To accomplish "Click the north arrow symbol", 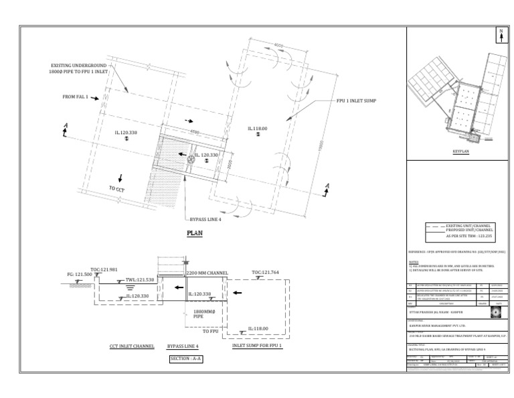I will [x=499, y=36].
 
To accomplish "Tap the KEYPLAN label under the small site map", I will [x=460, y=153].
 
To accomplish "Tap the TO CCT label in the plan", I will [x=117, y=189].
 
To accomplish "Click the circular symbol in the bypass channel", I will [x=191, y=159].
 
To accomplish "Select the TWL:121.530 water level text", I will [x=140, y=280].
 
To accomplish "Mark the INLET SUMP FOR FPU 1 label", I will [x=257, y=346].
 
